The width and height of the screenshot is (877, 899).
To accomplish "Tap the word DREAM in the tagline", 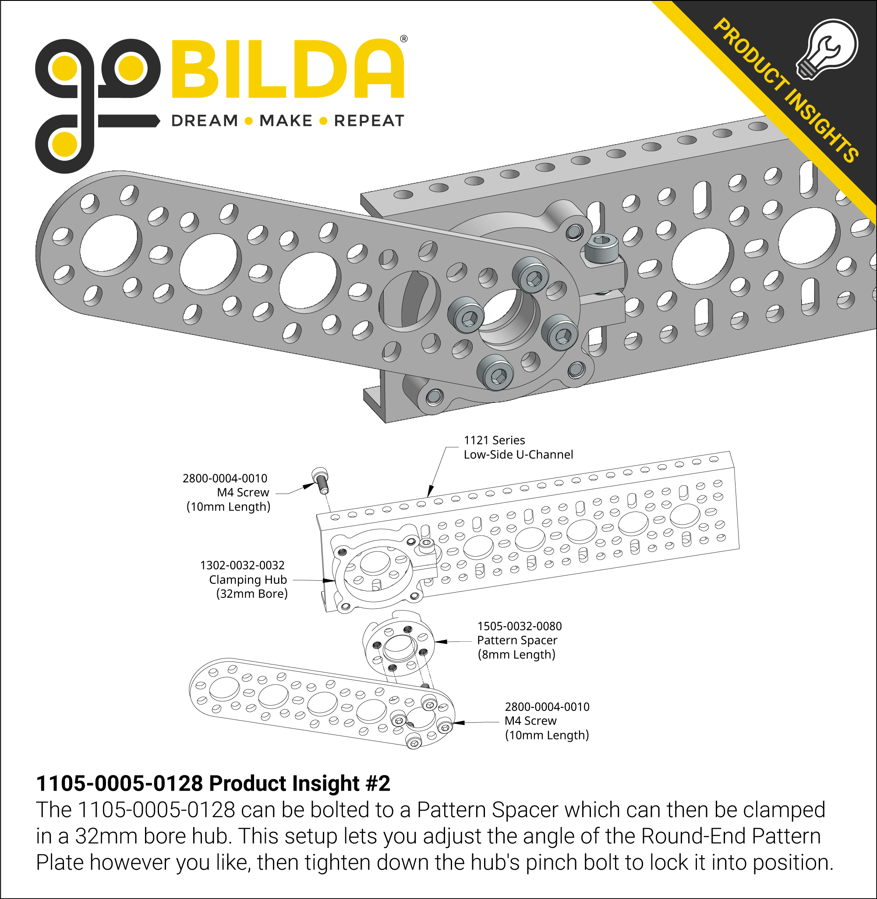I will [x=205, y=121].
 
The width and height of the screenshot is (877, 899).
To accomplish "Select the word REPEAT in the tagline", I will [x=369, y=121].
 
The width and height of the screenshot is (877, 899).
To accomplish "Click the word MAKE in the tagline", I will [x=286, y=121].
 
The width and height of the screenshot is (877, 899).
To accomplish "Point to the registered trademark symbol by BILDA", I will [x=403, y=39].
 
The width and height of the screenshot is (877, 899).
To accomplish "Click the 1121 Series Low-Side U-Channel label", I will [x=518, y=448].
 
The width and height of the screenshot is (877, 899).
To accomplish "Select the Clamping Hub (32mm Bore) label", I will [x=244, y=579].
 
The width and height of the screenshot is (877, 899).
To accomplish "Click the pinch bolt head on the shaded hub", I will [x=601, y=246].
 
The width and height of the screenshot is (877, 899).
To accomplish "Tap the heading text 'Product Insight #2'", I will [x=299, y=783].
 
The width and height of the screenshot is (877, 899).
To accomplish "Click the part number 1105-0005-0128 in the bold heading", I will [x=119, y=783].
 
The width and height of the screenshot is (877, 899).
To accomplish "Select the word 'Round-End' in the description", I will [x=694, y=836].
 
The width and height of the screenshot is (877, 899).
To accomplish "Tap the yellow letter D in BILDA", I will [x=325, y=69].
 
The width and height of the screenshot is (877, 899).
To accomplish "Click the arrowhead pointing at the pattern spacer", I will [x=439, y=641].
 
